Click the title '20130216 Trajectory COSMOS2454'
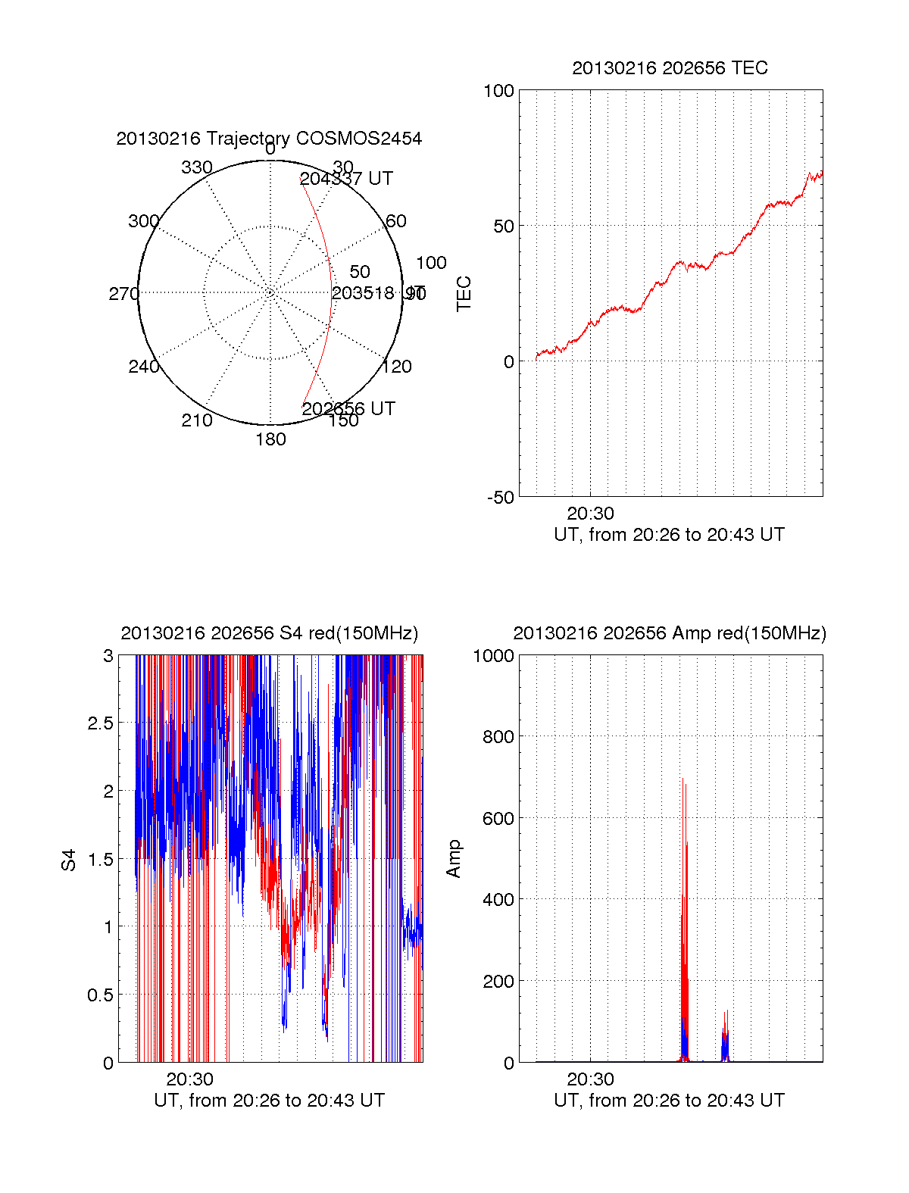click(x=269, y=139)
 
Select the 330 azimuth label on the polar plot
click(x=197, y=167)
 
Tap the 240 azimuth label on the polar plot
click(x=143, y=367)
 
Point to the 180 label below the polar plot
click(x=270, y=439)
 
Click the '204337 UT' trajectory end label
click(x=346, y=179)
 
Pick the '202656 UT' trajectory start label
click(x=348, y=409)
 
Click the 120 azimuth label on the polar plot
click(x=397, y=367)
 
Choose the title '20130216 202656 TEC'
click(x=670, y=68)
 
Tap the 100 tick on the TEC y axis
click(x=498, y=91)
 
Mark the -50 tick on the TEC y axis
click(x=500, y=498)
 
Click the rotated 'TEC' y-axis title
click(x=464, y=294)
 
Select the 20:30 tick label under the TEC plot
click(x=590, y=514)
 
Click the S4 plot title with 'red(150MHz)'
click(x=269, y=633)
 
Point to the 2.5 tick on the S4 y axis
click(x=101, y=723)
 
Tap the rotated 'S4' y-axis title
click(x=69, y=860)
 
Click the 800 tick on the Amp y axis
click(x=498, y=736)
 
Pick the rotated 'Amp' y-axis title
click(x=453, y=859)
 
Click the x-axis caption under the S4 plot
click(x=269, y=1101)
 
